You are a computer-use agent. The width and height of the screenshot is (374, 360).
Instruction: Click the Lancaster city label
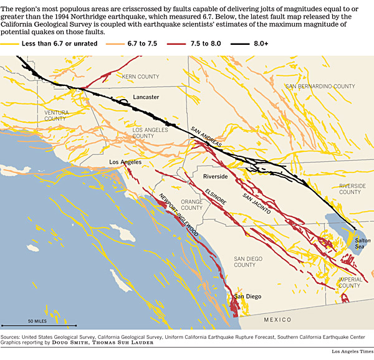click(x=146, y=97)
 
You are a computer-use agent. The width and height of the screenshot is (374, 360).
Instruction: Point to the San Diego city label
click(x=247, y=296)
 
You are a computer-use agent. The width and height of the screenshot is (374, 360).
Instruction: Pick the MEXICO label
click(x=277, y=319)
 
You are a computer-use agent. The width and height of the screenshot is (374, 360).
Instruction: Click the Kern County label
click(x=141, y=77)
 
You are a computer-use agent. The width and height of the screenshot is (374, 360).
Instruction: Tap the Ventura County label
click(x=55, y=115)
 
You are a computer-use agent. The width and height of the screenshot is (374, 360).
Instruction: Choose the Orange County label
click(x=191, y=205)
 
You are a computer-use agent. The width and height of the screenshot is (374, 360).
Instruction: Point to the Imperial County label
click(x=350, y=283)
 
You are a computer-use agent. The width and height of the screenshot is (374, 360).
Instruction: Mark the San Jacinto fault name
click(x=256, y=204)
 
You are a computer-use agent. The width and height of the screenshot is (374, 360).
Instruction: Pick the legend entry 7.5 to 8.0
click(x=219, y=42)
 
